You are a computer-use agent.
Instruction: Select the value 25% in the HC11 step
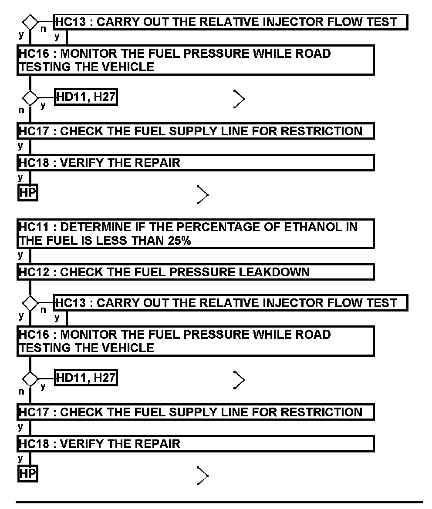point(179,241)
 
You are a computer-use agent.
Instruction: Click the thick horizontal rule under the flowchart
point(219,502)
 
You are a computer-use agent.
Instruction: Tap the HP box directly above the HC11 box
point(27,193)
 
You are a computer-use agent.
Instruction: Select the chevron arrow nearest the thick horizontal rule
point(202,476)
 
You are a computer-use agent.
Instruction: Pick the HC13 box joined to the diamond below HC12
point(231,303)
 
